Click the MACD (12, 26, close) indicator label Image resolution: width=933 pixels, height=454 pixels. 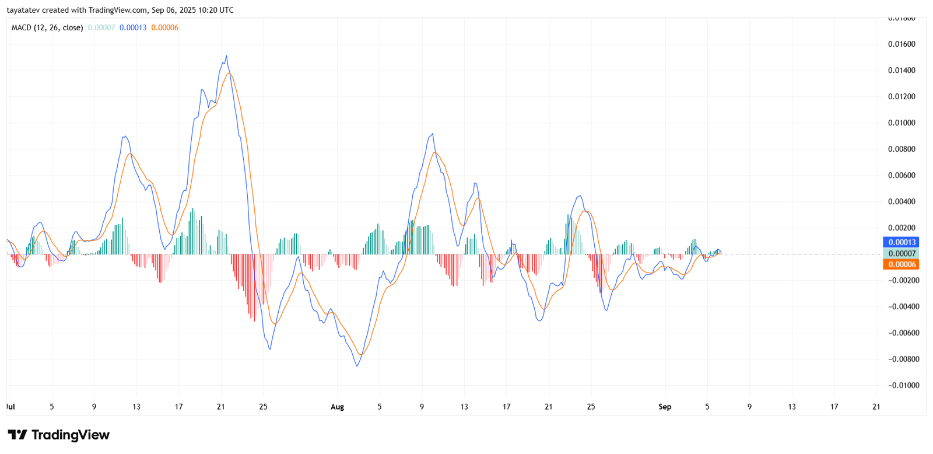pos(47,27)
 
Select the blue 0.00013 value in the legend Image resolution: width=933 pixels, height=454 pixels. pos(133,27)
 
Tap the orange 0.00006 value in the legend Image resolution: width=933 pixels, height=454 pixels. pos(164,27)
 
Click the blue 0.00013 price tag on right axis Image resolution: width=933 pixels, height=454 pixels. pos(901,242)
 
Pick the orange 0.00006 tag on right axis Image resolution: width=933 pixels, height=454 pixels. pos(901,264)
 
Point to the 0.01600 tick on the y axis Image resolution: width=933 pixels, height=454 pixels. pos(902,44)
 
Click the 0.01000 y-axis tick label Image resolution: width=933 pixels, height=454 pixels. pos(902,123)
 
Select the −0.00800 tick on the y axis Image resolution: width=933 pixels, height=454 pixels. pos(902,359)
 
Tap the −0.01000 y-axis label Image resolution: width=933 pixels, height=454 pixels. pos(902,386)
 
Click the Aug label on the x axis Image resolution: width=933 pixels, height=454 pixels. pos(337,407)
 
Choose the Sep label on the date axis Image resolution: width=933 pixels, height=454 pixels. pos(665,407)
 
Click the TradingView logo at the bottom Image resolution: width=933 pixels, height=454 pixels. pos(58,435)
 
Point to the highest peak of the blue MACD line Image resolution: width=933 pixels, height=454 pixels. pos(226,56)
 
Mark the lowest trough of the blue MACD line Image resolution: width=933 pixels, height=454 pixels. pos(357,366)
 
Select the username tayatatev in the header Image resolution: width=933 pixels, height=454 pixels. pos(23,10)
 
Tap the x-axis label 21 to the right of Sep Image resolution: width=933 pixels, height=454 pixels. pos(876,407)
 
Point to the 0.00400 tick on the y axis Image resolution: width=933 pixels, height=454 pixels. pos(902,202)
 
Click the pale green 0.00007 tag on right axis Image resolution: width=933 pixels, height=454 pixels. pos(901,253)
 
